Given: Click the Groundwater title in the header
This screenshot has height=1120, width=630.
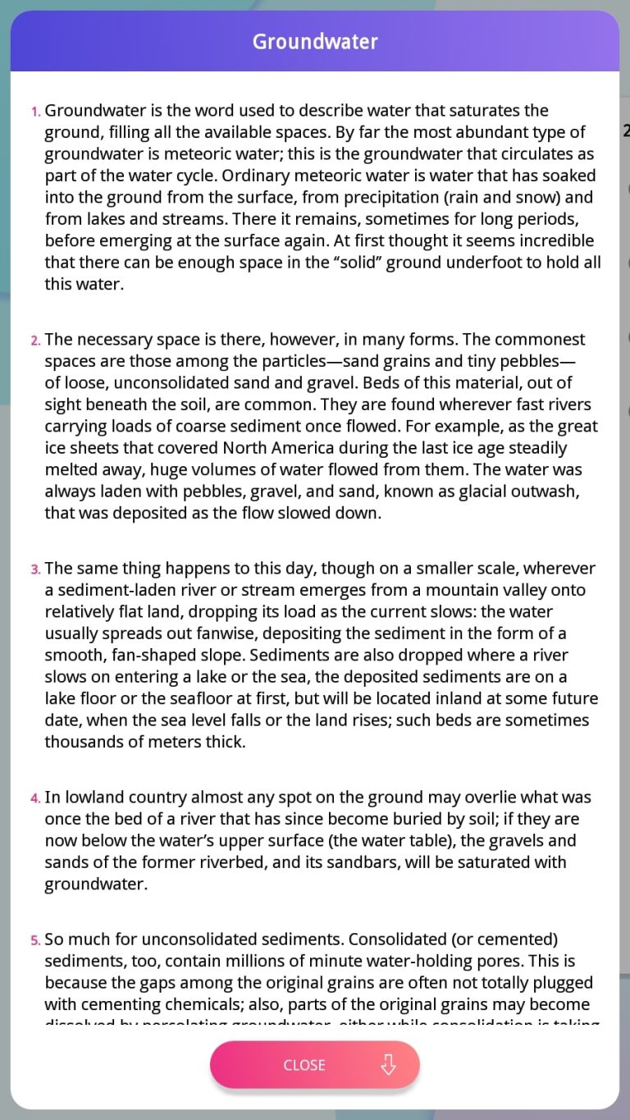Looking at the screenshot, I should point(315,42).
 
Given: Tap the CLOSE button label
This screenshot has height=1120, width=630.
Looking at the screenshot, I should point(304,1065).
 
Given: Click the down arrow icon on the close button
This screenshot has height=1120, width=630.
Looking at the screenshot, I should point(389,1065).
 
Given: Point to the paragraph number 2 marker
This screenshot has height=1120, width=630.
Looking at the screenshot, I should point(35,341).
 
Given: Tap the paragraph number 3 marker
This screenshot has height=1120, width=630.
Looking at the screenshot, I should point(35,569).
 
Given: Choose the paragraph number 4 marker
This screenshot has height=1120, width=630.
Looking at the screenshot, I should point(35,798).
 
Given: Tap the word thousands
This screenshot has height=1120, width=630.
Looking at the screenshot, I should point(81,742).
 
